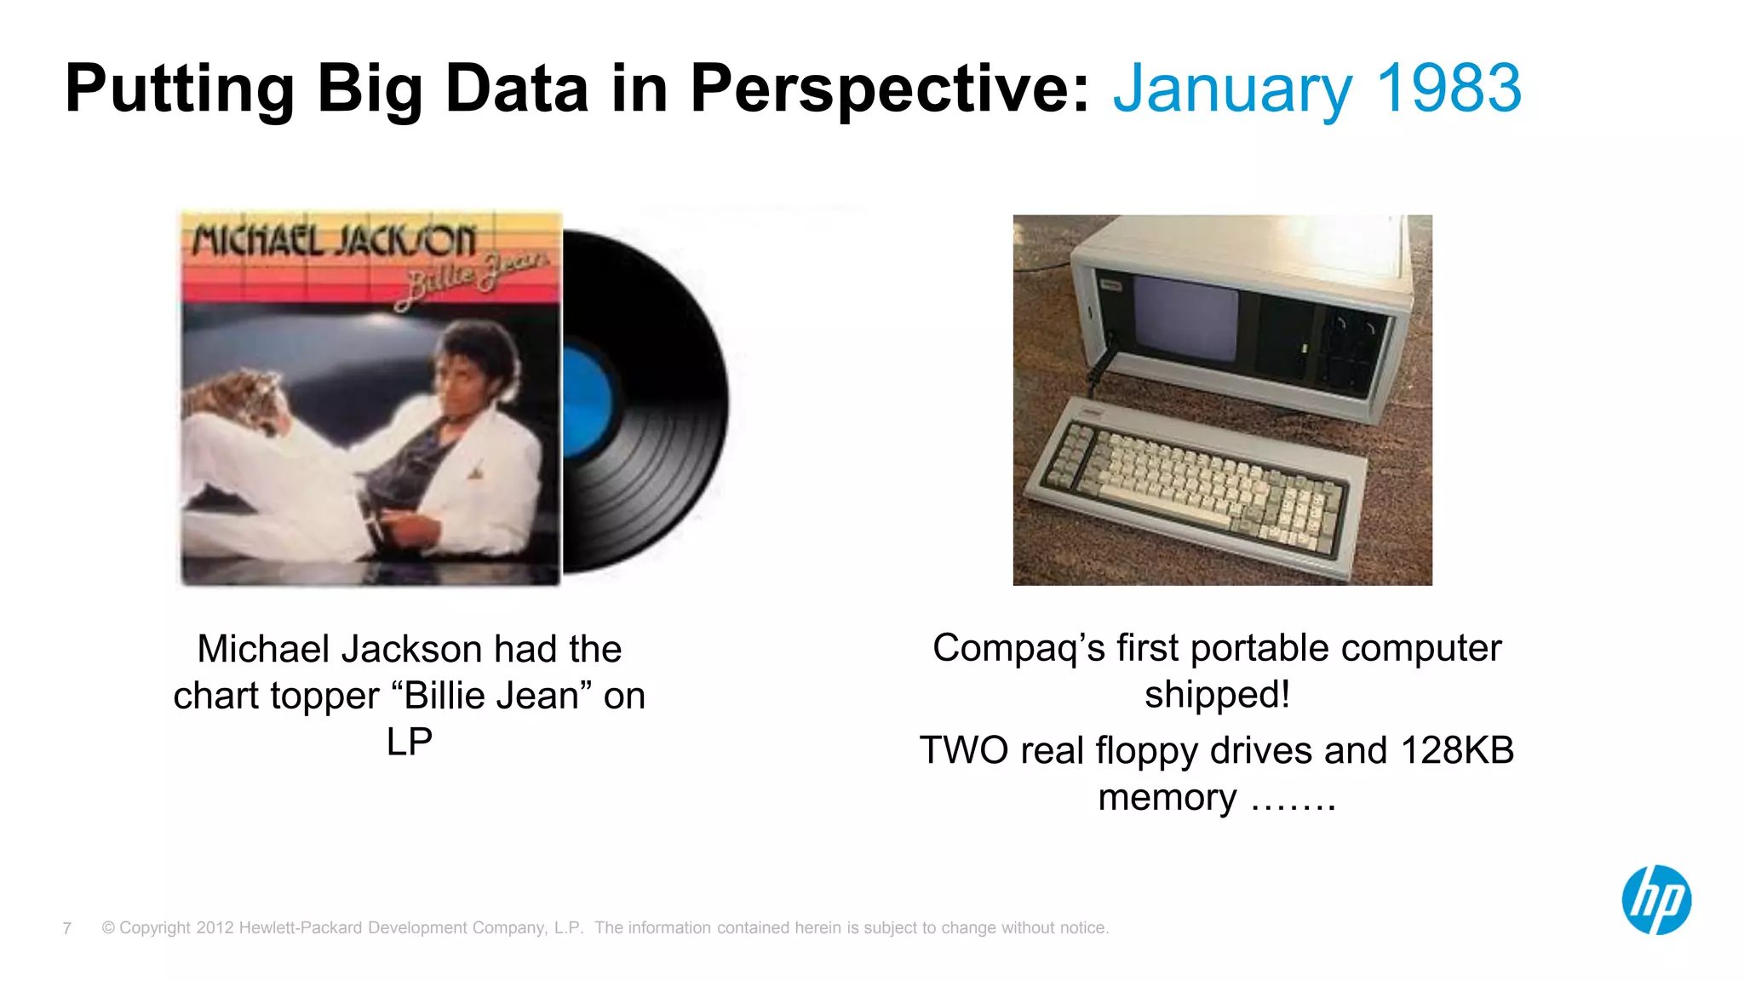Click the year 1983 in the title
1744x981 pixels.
pyautogui.click(x=1449, y=89)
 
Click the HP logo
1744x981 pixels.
pyautogui.click(x=1655, y=900)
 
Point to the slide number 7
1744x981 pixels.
pyautogui.click(x=67, y=928)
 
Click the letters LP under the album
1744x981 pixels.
pyautogui.click(x=410, y=742)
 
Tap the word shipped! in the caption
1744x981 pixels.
pyautogui.click(x=1217, y=695)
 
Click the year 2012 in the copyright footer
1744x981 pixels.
pyautogui.click(x=215, y=928)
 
